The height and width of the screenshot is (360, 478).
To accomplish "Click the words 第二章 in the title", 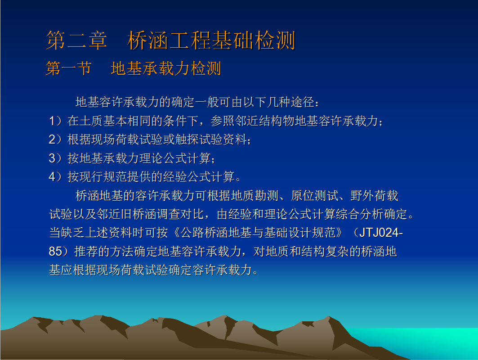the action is click(76, 40).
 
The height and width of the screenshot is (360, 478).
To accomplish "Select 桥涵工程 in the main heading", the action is click(170, 40).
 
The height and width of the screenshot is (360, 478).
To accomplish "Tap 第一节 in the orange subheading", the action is click(69, 68).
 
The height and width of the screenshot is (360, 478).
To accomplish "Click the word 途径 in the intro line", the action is click(303, 102).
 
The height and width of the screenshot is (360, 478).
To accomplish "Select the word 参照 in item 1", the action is click(223, 121).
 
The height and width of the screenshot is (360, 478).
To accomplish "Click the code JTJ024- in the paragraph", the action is click(381, 233).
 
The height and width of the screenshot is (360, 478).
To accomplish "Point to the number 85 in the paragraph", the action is click(55, 252).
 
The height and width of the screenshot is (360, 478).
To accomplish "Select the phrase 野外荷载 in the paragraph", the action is click(375, 196).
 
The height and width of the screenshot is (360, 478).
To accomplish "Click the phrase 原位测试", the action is click(315, 196).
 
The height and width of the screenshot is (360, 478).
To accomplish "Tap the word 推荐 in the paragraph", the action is click(86, 252).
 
